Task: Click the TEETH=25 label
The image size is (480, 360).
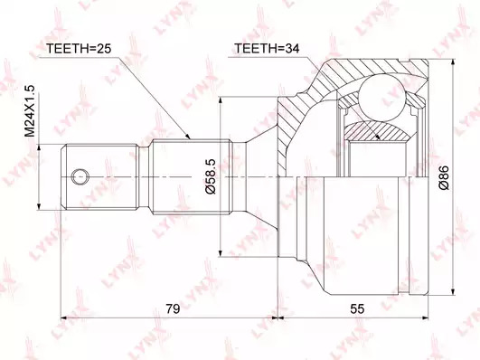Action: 78,49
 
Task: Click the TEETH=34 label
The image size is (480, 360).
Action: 267,49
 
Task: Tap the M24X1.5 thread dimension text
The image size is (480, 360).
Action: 30,111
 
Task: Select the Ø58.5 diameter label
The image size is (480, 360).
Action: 211,176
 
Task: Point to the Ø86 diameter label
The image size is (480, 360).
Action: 443,177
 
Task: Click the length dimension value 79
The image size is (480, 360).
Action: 173,308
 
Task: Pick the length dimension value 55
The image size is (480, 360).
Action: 357,308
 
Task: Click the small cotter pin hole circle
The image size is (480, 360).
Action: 80,176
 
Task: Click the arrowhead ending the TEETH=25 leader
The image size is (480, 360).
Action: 187,137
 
